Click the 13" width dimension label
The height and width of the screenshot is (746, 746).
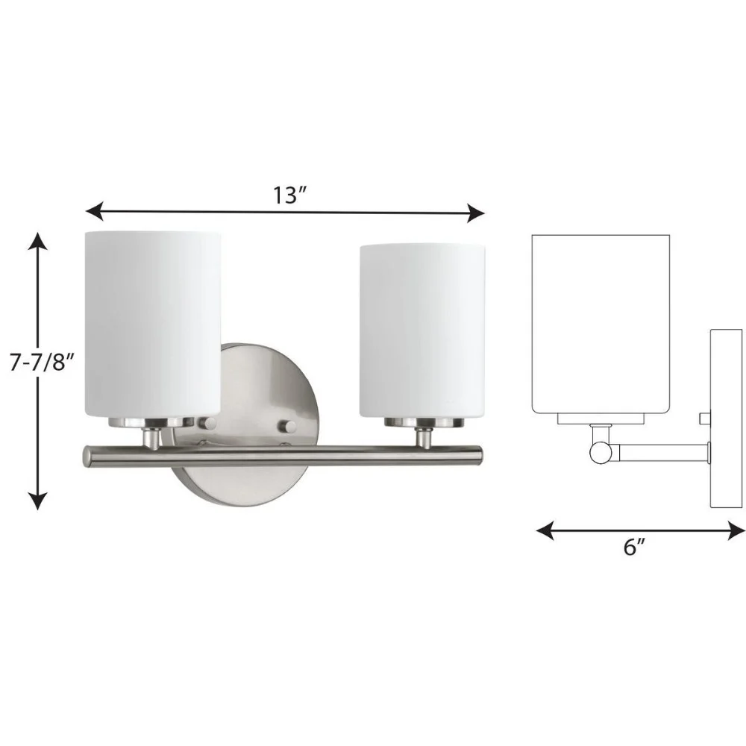(x=289, y=195)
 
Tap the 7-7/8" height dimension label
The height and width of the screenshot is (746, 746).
(x=43, y=363)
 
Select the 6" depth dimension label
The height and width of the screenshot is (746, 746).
(x=633, y=547)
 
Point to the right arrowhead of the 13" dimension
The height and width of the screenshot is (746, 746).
(x=476, y=213)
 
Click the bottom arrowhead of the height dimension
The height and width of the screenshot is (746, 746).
(x=38, y=501)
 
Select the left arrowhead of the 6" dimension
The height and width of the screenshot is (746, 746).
(x=545, y=530)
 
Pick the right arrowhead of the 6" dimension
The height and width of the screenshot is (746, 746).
(x=736, y=530)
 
